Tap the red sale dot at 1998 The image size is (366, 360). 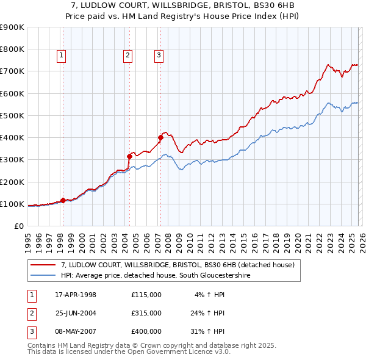coord(63,200)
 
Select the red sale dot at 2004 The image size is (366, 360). coord(129,156)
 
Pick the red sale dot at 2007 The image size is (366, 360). coord(160,137)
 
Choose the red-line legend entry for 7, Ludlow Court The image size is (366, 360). coord(178,265)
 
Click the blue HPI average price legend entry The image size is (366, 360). coord(156,276)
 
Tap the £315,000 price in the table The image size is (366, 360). coord(146,313)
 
